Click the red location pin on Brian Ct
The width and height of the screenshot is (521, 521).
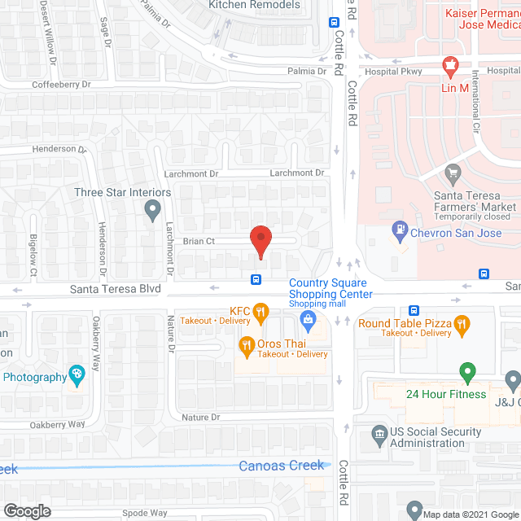(260, 240)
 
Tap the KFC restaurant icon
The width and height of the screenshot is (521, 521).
(260, 310)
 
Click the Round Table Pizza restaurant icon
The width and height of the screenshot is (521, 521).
(462, 325)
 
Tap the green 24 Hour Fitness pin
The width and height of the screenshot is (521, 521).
(467, 373)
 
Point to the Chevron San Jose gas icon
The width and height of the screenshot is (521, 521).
(400, 230)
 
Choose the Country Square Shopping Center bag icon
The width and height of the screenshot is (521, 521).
(309, 320)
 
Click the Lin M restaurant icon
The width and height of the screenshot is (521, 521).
(448, 65)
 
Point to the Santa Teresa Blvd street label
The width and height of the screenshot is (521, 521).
(115, 289)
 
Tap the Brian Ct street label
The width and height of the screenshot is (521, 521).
(199, 241)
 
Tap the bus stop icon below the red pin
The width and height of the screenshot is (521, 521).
(256, 280)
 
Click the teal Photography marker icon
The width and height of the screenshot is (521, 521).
(77, 375)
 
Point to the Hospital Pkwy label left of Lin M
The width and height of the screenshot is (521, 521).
(391, 71)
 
